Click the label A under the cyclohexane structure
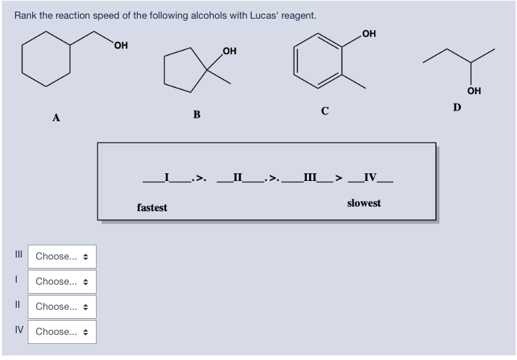coord(57,118)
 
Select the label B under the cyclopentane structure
coord(197,115)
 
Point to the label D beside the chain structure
coord(456,107)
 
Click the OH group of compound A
coord(120,45)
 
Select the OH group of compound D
coord(475,91)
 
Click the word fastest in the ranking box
coord(152,207)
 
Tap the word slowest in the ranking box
coord(364,203)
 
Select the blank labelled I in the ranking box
coord(167,176)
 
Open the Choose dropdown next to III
coord(62,256)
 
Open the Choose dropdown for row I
coord(62,281)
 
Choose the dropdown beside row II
coord(62,307)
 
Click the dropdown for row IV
coord(62,332)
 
